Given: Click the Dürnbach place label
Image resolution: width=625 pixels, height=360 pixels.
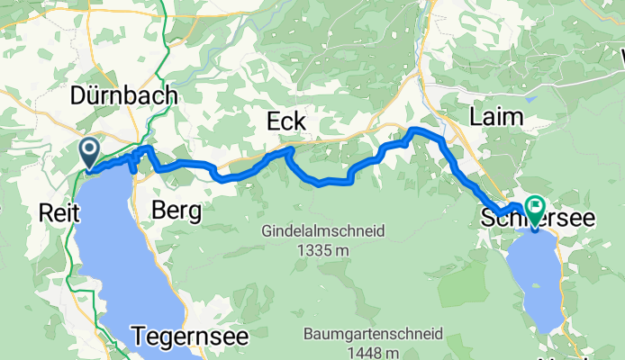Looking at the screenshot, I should click(124, 96).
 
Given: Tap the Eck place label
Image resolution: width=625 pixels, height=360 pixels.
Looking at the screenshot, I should click(286, 121).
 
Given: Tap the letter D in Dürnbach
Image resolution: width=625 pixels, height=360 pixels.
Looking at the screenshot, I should click(78, 96).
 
